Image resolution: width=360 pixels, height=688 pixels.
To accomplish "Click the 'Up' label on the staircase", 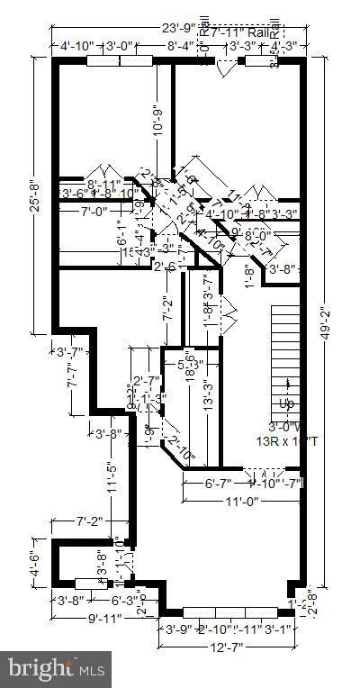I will [286, 403].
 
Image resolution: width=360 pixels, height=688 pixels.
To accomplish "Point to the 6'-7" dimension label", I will [198, 484].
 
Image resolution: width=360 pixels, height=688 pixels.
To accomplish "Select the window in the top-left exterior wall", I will [118, 61].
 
